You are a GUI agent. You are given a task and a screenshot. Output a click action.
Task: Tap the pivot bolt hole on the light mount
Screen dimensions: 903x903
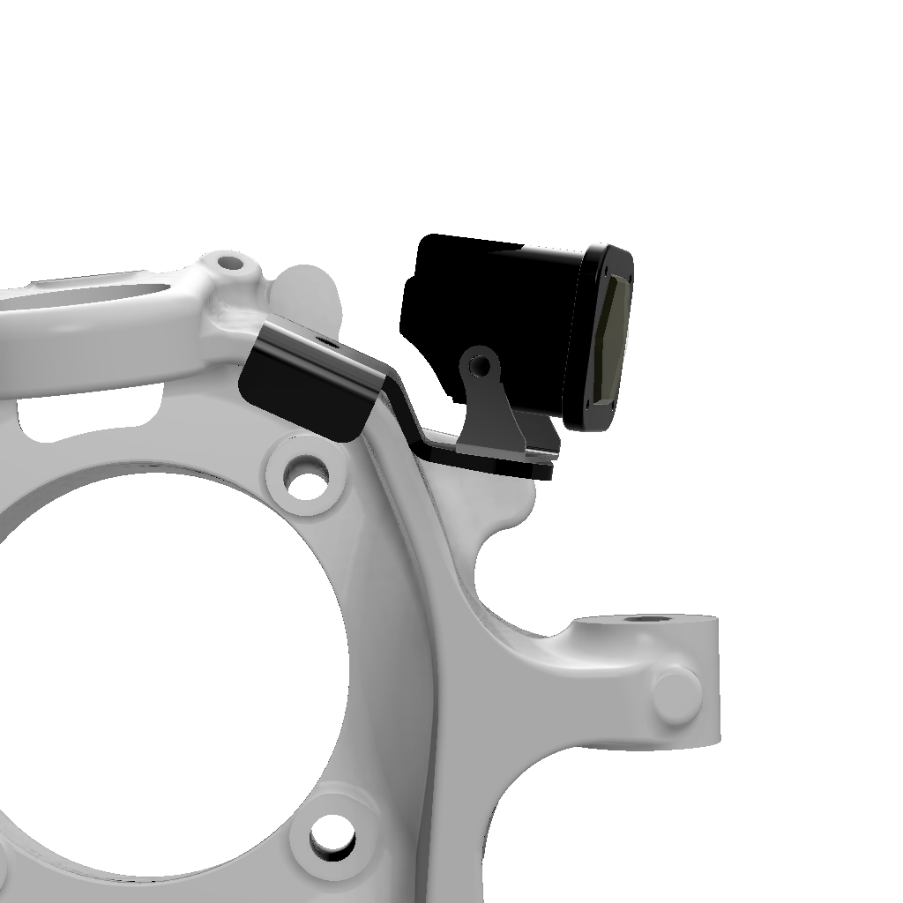coord(480,362)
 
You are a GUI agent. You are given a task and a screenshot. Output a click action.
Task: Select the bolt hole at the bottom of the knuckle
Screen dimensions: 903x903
coord(332,833)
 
